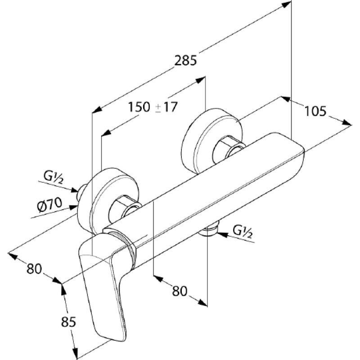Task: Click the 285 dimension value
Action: click(x=185, y=61)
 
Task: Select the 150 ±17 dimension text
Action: click(x=153, y=107)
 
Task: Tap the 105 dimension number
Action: click(x=315, y=111)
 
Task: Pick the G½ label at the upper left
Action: click(x=53, y=177)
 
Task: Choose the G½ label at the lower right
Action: click(x=243, y=232)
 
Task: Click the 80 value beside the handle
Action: click(x=35, y=269)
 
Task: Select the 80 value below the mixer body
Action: click(x=180, y=291)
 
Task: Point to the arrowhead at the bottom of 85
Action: click(x=75, y=354)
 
